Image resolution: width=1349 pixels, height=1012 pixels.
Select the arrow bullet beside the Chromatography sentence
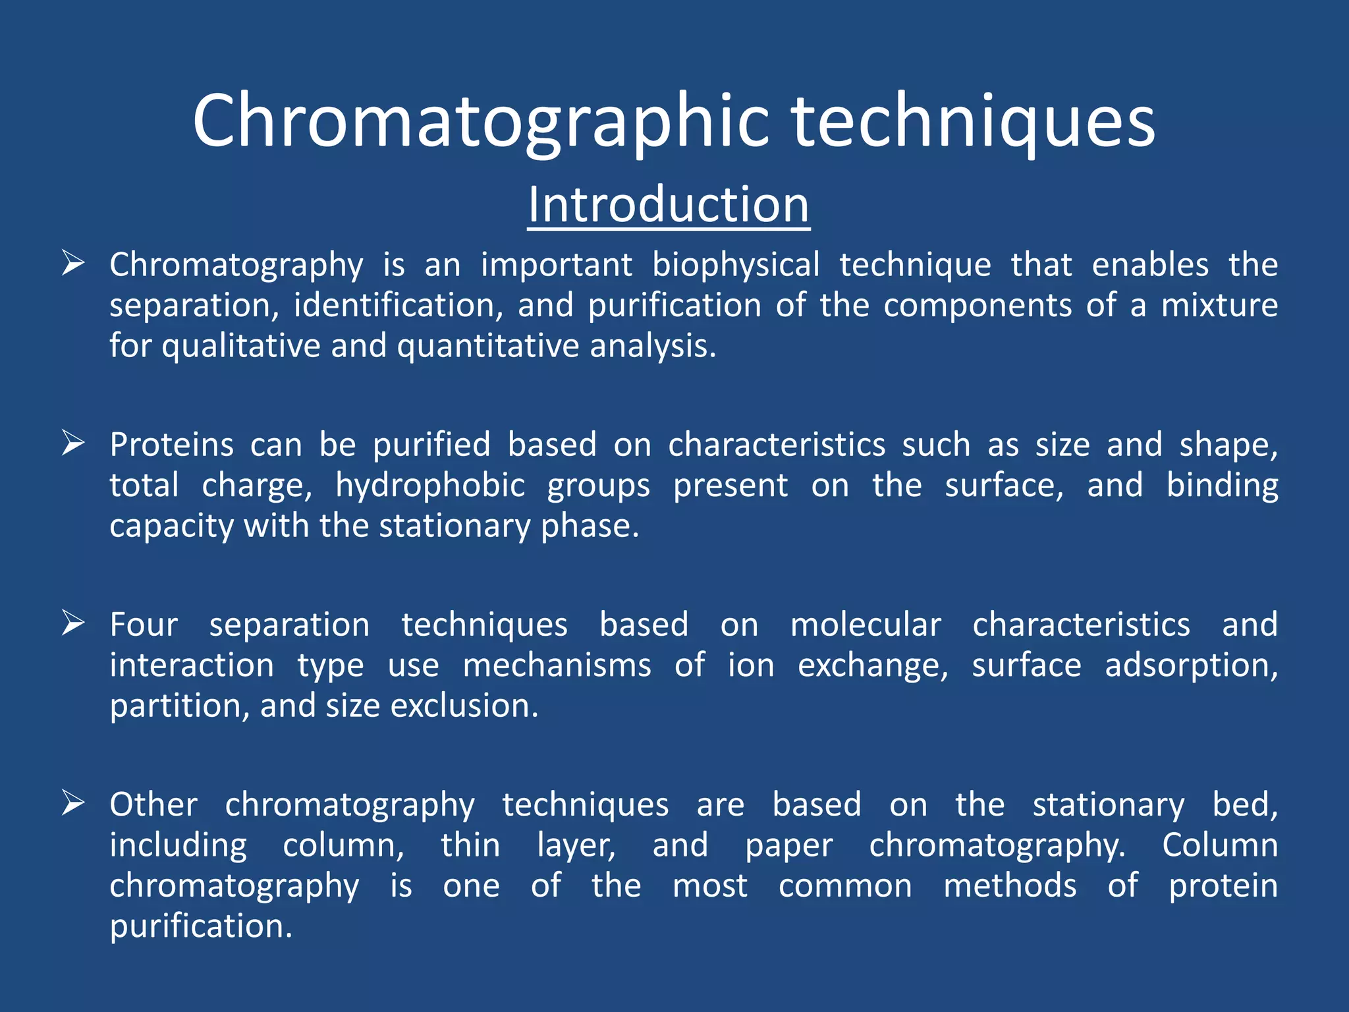(72, 264)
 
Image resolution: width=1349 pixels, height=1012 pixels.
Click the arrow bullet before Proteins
(72, 443)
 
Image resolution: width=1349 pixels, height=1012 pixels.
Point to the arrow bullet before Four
(72, 623)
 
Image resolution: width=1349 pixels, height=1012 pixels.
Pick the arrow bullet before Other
(72, 803)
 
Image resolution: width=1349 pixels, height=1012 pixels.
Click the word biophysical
(736, 265)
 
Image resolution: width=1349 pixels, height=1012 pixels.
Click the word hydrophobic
(429, 486)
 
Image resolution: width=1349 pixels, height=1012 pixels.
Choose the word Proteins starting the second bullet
(171, 445)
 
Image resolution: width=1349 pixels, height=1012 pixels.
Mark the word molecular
(866, 625)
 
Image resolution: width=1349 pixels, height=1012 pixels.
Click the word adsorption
(1191, 665)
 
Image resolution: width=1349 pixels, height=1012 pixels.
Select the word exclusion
(464, 706)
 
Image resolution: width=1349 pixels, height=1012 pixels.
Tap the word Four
(144, 625)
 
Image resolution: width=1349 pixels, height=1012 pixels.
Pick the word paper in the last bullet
(788, 845)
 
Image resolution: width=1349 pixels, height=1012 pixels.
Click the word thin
(470, 845)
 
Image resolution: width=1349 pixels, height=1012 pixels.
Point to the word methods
(1010, 885)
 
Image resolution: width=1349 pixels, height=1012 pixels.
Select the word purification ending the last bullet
(200, 926)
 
